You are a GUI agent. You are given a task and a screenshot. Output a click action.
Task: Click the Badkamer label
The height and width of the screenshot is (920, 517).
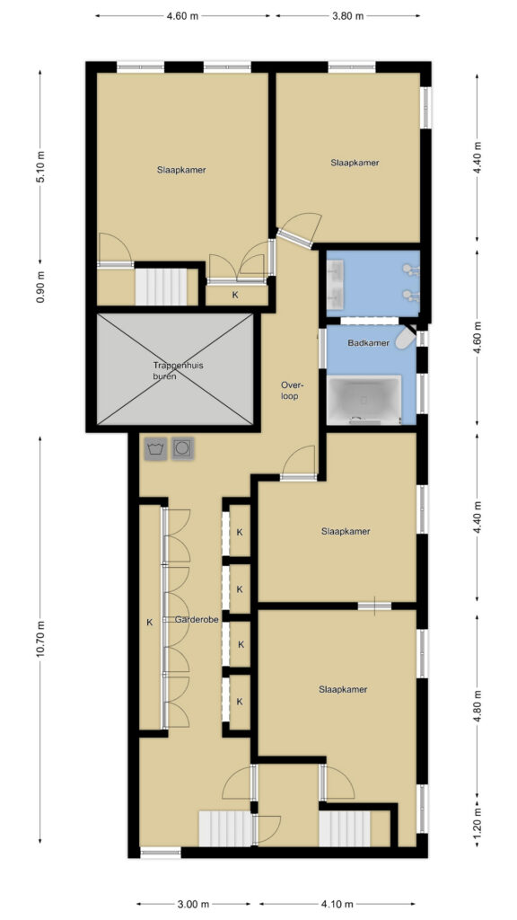coord(368,343)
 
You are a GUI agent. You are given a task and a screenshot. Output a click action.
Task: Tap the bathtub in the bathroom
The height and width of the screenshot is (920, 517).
coord(364,400)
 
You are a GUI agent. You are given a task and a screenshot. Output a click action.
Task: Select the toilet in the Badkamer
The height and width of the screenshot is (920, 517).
coord(406,339)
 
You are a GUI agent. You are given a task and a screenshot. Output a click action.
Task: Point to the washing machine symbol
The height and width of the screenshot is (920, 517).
coord(155,449)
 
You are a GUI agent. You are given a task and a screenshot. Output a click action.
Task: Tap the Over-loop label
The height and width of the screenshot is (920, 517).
coord(290,391)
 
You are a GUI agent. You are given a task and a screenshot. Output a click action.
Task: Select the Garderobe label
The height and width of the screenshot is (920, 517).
coord(197,620)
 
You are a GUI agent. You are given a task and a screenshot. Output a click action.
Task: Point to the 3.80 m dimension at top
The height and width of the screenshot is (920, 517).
coord(348,16)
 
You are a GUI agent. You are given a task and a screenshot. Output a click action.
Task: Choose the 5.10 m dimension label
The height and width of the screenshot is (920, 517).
coord(40,167)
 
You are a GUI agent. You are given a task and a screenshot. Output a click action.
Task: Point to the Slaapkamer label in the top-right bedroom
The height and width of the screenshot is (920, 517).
coord(355,163)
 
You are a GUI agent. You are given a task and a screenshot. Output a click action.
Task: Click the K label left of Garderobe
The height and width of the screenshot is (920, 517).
coord(150,623)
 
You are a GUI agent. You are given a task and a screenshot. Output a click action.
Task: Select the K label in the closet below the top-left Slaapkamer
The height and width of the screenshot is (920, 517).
coord(236,295)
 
